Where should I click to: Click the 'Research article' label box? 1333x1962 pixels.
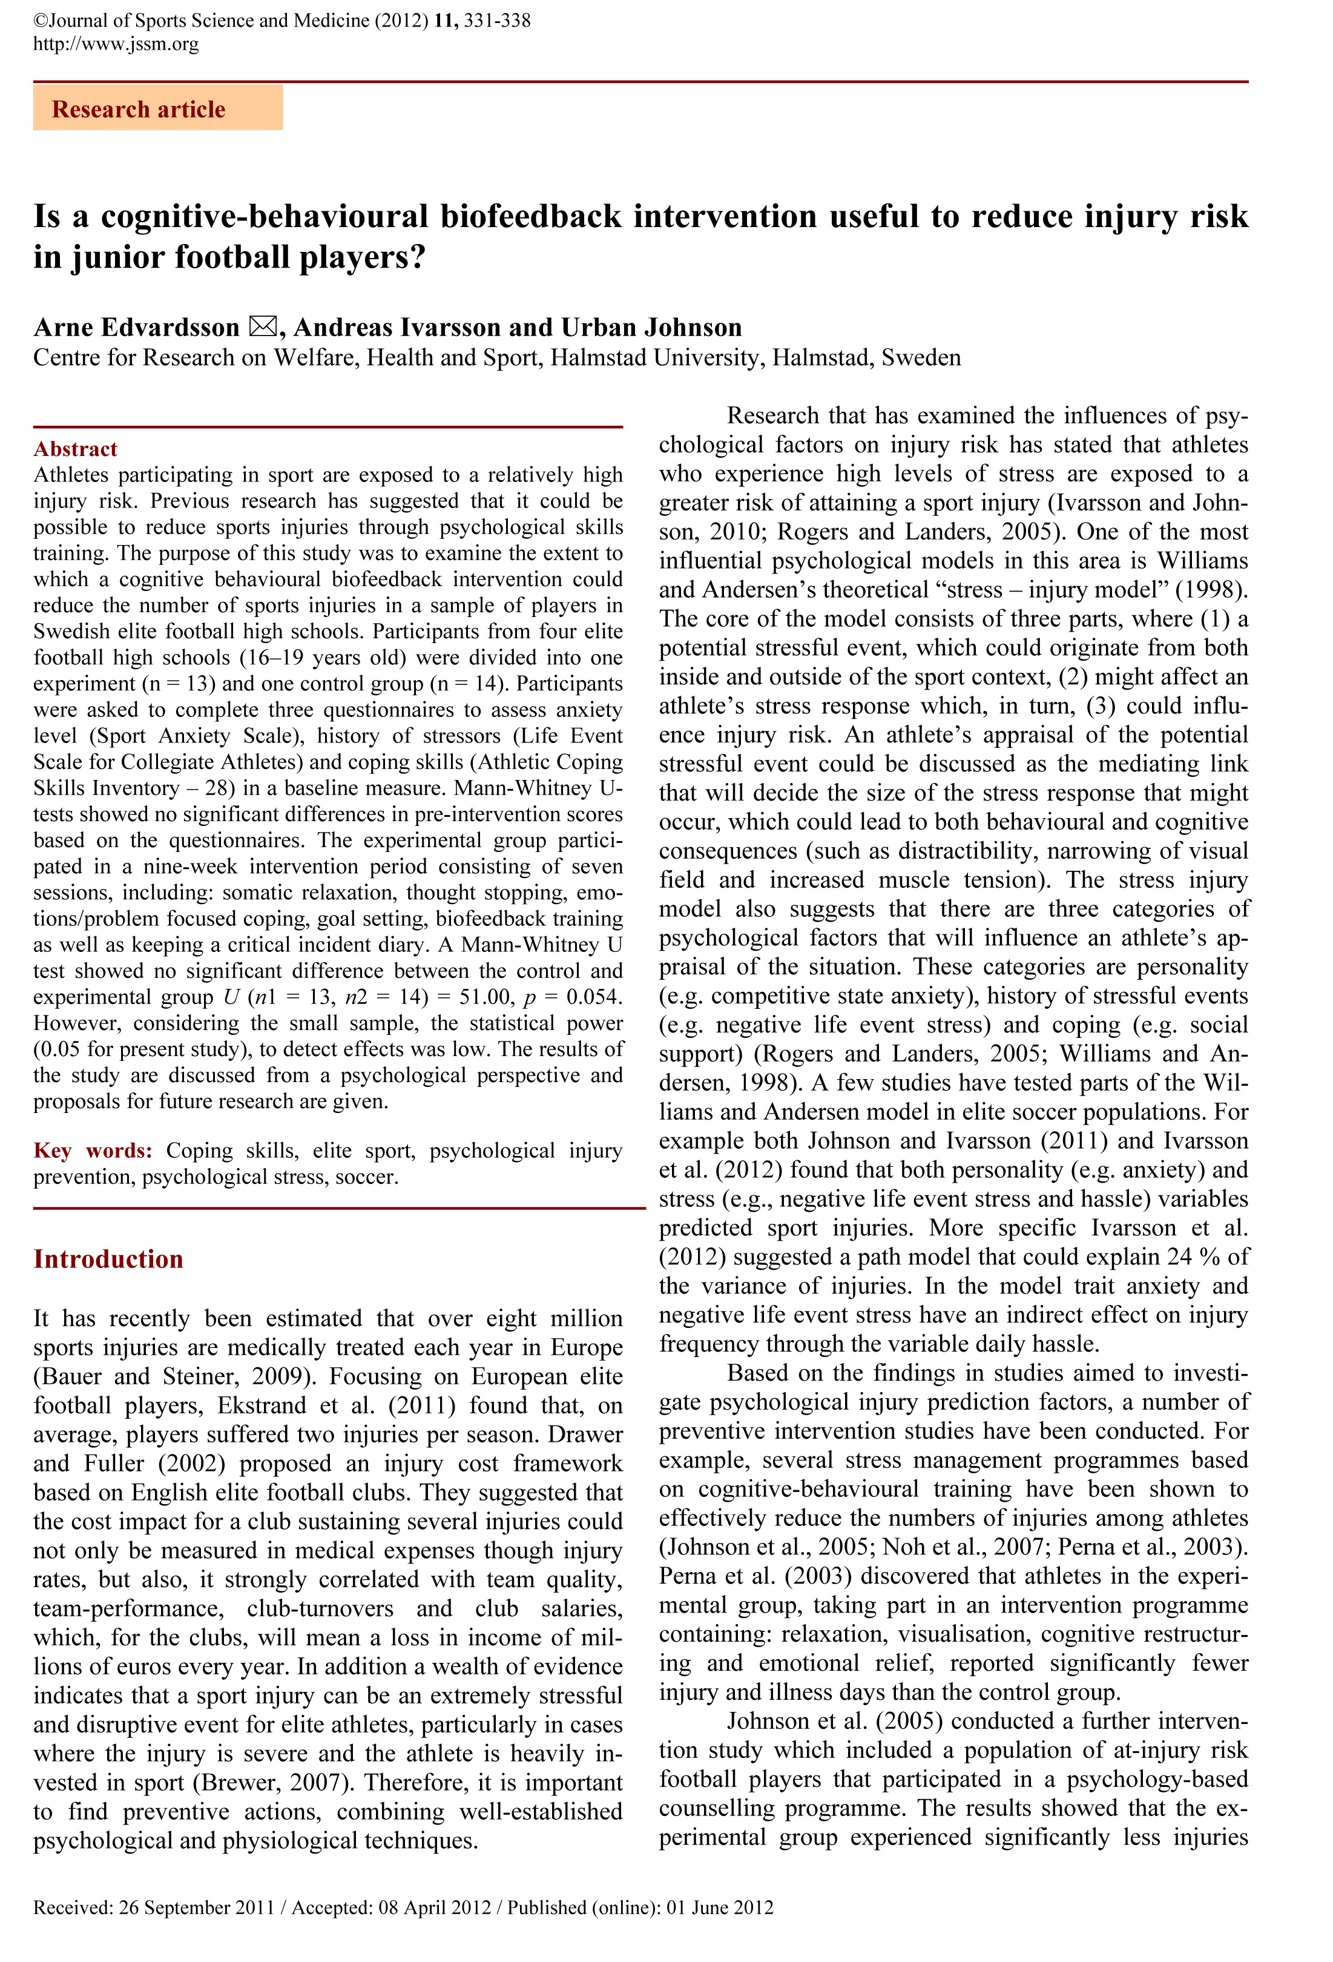pyautogui.click(x=158, y=109)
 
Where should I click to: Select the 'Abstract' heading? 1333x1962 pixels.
pyautogui.click(x=75, y=449)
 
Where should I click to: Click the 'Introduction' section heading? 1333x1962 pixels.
pyautogui.click(x=108, y=1259)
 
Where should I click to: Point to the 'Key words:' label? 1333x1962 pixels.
pyautogui.click(x=93, y=1151)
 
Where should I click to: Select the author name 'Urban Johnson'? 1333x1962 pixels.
pyautogui.click(x=652, y=328)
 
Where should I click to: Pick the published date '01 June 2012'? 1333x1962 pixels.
pyautogui.click(x=719, y=1907)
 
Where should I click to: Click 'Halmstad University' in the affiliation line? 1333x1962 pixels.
pyautogui.click(x=657, y=358)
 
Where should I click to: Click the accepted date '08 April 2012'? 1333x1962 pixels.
pyautogui.click(x=434, y=1907)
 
